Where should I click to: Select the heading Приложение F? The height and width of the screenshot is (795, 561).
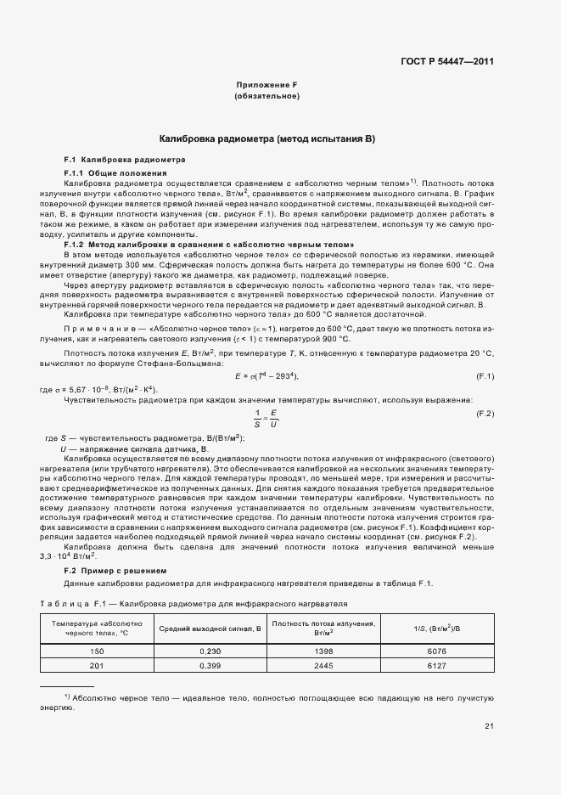[x=266, y=85]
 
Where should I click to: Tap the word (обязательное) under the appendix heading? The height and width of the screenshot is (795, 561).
[x=266, y=96]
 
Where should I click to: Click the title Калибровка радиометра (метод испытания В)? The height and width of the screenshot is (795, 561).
[x=267, y=138]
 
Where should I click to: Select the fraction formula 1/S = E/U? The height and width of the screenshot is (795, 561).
[x=266, y=414]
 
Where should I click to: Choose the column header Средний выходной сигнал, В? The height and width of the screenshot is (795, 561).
[x=210, y=628]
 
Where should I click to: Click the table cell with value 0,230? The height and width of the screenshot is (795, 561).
[x=210, y=650]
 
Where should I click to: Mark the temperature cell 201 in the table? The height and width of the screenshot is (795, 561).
[x=96, y=666]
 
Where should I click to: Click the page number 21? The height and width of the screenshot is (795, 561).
[x=489, y=725]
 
